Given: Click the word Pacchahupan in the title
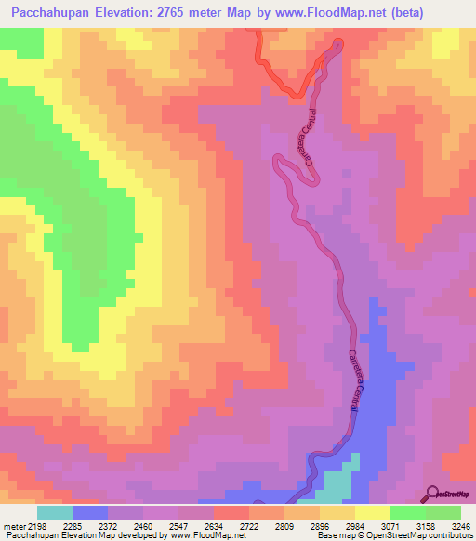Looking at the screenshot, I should (49, 12).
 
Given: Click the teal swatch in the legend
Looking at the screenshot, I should (55, 512).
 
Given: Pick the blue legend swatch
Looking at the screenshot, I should (90, 512).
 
